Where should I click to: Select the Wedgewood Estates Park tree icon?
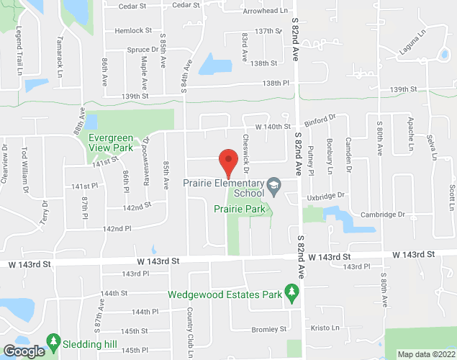pyautogui.click(x=291, y=292)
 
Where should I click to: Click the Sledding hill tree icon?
pyautogui.click(x=53, y=339)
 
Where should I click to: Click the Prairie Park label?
pyautogui.click(x=240, y=209)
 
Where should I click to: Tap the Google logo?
pyautogui.click(x=23, y=351)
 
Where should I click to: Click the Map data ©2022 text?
pyautogui.click(x=427, y=354)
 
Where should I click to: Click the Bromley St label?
pyautogui.click(x=269, y=329)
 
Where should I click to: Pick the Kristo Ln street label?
pyautogui.click(x=325, y=328)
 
